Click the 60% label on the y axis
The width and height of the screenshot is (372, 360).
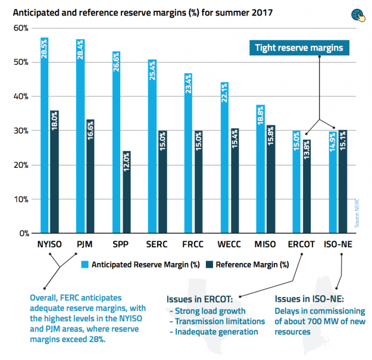pos(21,28)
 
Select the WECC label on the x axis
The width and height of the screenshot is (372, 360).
pos(229,244)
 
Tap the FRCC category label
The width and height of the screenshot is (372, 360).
pos(193,244)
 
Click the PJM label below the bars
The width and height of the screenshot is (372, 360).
pos(85,244)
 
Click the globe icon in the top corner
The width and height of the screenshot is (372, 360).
pos(358,14)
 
